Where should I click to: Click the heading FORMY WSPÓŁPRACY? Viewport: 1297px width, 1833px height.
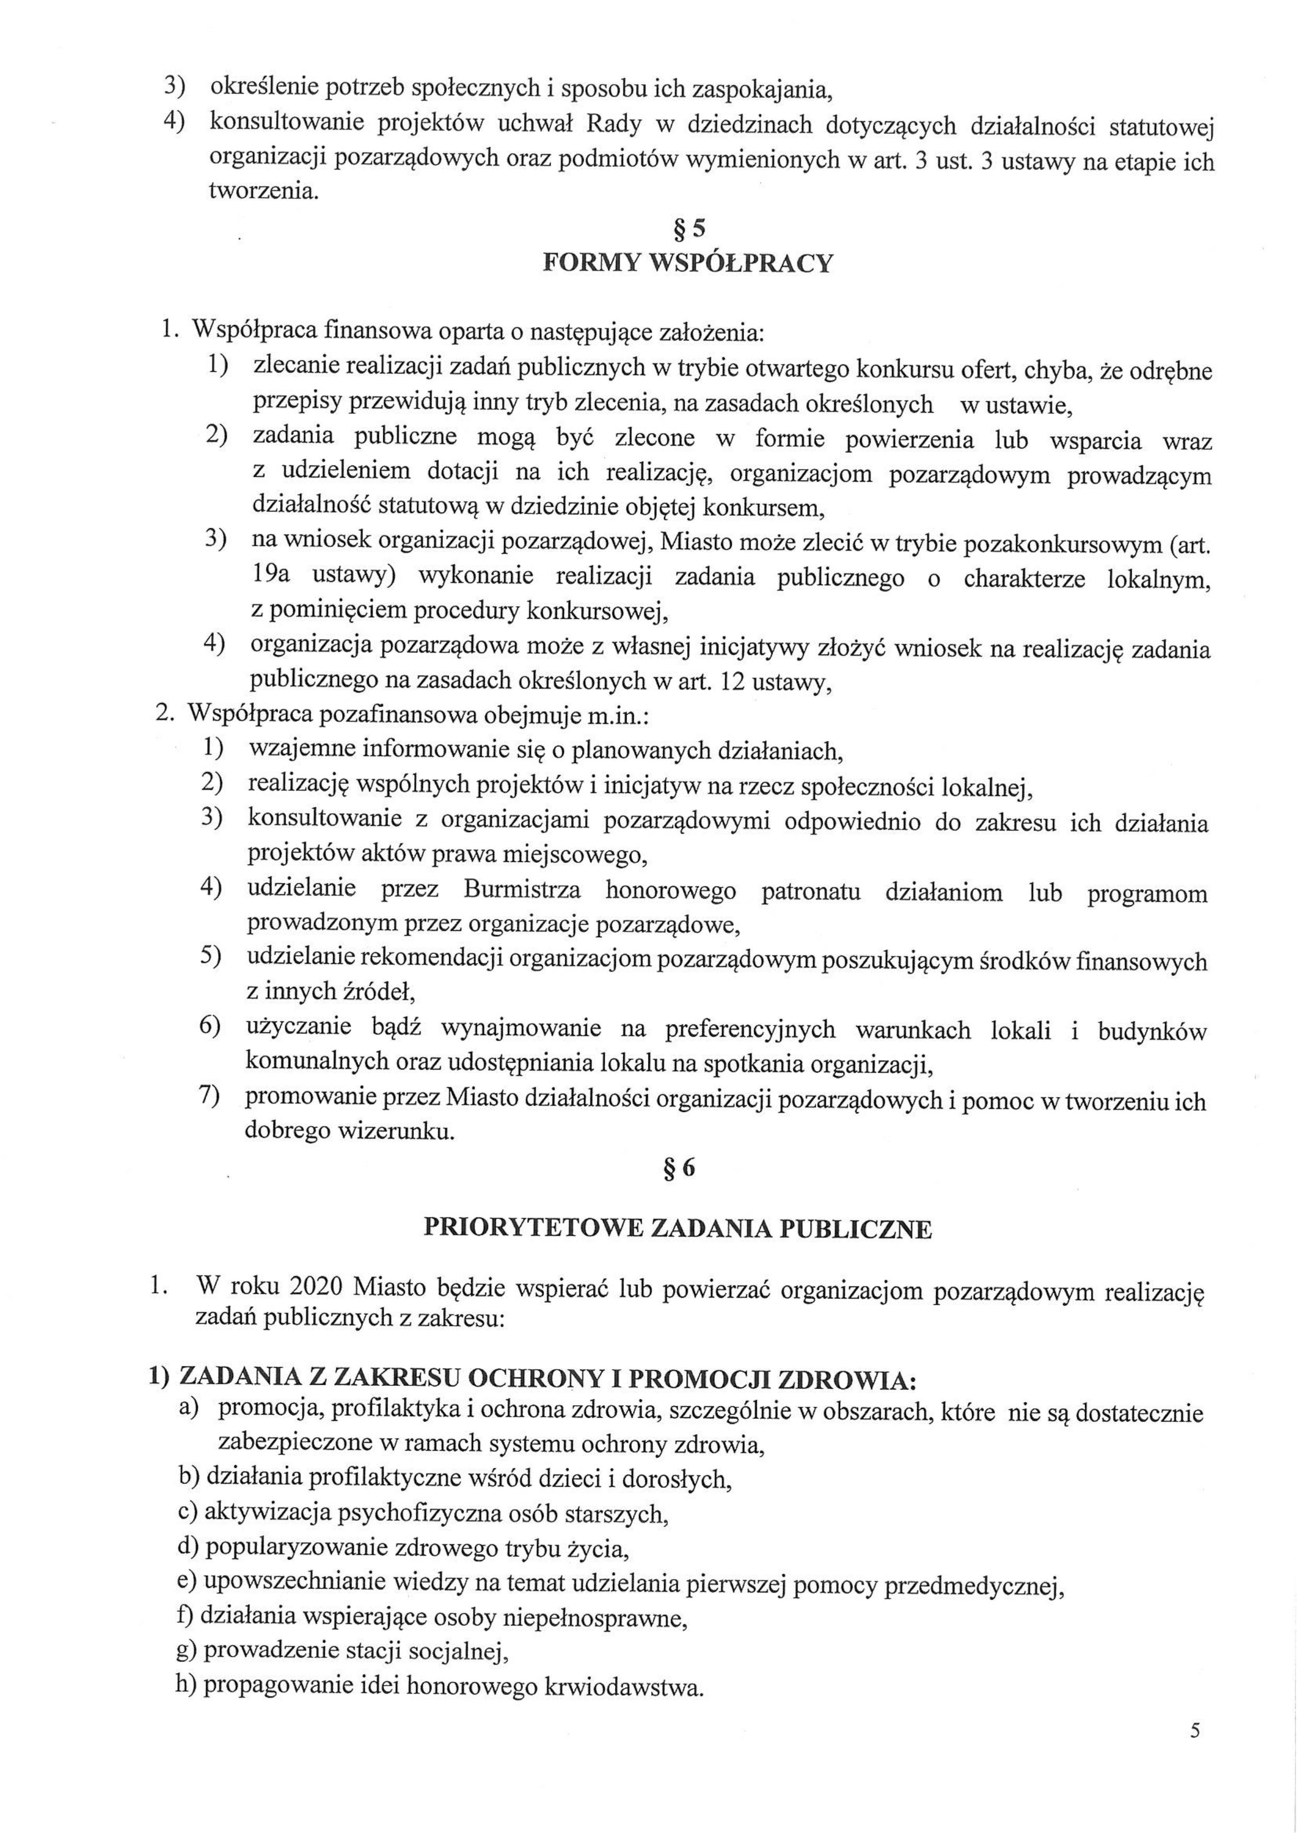[688, 264]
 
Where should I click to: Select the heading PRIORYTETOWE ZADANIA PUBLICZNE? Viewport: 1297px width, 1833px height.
[677, 1229]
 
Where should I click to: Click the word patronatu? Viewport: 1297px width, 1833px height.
[811, 891]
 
